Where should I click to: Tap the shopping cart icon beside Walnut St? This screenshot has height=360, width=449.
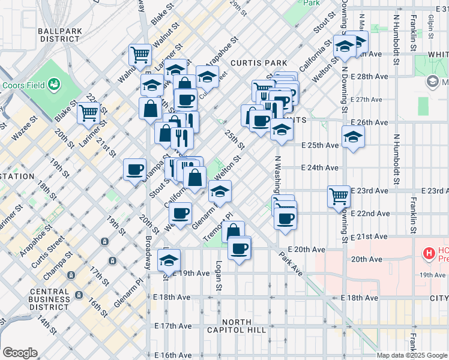pyautogui.click(x=140, y=55)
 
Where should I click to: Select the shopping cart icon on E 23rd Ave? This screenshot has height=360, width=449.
pyautogui.click(x=339, y=195)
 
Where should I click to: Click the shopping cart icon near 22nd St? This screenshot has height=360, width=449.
pyautogui.click(x=89, y=112)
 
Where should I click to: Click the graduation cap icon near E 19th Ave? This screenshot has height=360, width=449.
pyautogui.click(x=169, y=259)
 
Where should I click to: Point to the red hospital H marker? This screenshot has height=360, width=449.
pyautogui.click(x=428, y=253)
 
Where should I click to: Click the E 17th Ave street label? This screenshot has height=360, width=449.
pyautogui.click(x=173, y=326)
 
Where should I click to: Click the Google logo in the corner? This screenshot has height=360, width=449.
pyautogui.click(x=20, y=352)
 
